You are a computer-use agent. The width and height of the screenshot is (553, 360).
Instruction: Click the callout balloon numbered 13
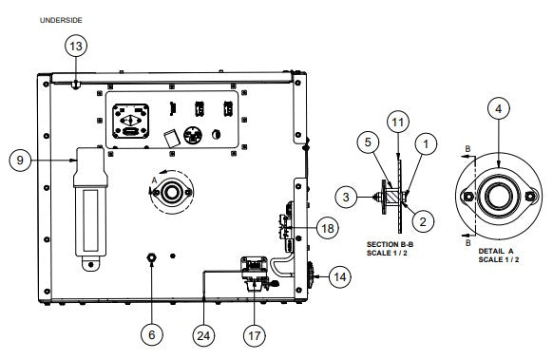[76, 46]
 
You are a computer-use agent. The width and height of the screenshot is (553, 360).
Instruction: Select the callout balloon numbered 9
[19, 161]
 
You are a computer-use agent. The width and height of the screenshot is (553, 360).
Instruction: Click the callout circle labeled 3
[347, 197]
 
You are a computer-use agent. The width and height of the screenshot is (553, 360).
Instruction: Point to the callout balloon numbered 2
[424, 219]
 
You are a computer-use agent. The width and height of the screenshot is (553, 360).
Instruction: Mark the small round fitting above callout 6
[151, 258]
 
